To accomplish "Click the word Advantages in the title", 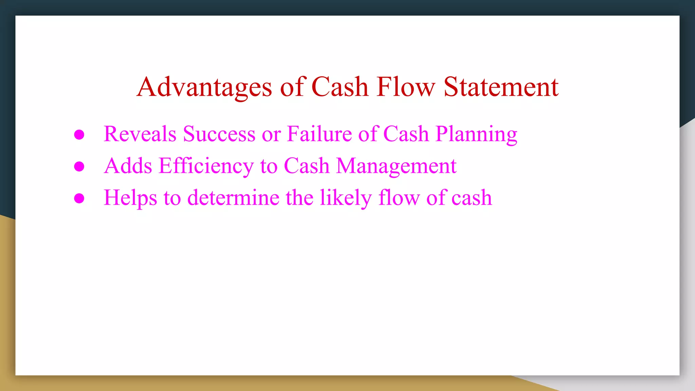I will click(204, 87).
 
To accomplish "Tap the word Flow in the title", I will click(406, 87).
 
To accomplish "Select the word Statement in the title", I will click(501, 87).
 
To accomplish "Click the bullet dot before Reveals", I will click(79, 134).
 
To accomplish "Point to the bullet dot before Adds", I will click(79, 166).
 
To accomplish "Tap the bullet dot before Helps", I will click(79, 198).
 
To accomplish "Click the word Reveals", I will click(140, 134).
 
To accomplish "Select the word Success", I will click(219, 134).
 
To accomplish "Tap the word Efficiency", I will click(206, 166).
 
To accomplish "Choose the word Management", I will click(396, 166).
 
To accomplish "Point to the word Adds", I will click(128, 166).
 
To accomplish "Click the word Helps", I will click(130, 198).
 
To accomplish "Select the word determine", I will click(233, 198).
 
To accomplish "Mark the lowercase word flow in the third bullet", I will click(399, 198).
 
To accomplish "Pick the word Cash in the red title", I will click(340, 87).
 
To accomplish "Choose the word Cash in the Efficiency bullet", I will click(306, 166).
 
